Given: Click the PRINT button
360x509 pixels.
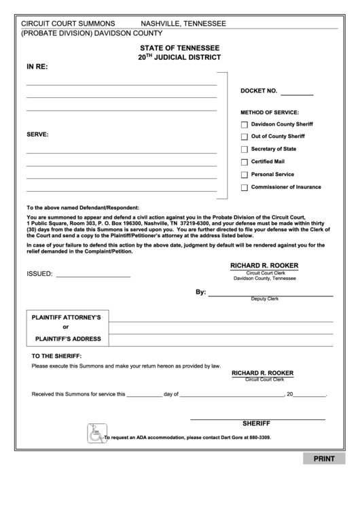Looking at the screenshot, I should (x=323, y=459).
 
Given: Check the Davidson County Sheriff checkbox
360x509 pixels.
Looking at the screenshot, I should (x=245, y=125).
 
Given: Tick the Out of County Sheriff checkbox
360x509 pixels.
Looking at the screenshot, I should (x=245, y=137).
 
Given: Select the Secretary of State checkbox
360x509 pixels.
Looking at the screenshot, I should (x=245, y=150).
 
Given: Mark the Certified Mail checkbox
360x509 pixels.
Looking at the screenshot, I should (x=245, y=162).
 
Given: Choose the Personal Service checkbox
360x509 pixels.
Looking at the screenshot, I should (x=245, y=175).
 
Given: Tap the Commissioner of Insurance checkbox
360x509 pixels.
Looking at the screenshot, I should (x=245, y=188).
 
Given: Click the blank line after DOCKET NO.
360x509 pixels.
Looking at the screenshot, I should (x=297, y=93).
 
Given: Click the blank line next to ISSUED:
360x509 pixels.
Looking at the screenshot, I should (x=92, y=275).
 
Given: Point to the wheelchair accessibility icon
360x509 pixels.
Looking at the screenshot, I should (x=96, y=433).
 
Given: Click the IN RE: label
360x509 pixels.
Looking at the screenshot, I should (x=37, y=67).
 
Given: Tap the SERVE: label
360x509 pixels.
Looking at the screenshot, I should (x=37, y=135).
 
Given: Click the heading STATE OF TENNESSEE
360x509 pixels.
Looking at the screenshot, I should (x=179, y=48).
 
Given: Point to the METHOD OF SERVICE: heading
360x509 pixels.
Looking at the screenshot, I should (x=270, y=112).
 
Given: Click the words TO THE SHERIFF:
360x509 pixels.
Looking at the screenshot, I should (x=56, y=356).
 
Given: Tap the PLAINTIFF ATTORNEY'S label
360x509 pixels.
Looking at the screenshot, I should (x=67, y=317).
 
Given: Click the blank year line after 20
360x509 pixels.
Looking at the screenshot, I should (x=310, y=395).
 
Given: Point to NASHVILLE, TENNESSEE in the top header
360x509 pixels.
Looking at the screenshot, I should (x=183, y=24).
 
